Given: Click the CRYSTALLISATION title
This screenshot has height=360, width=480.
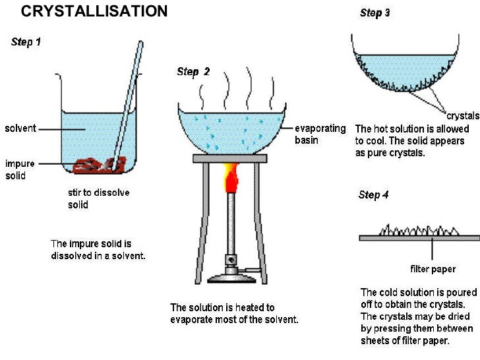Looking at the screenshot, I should (x=94, y=11).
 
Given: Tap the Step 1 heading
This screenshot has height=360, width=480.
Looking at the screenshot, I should (x=26, y=42).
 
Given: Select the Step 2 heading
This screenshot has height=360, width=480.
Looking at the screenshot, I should (x=193, y=72).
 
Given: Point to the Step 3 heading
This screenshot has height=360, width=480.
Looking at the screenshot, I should (x=375, y=13).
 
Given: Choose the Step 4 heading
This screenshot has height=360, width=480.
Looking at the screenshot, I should (x=374, y=195).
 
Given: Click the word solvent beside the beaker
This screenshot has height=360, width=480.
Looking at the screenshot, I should (x=20, y=128).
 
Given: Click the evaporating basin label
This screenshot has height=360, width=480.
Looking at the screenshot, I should (x=320, y=134).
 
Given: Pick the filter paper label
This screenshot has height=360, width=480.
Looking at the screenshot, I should (x=433, y=269).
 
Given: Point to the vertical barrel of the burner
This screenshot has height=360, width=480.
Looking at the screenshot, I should (x=231, y=224).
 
